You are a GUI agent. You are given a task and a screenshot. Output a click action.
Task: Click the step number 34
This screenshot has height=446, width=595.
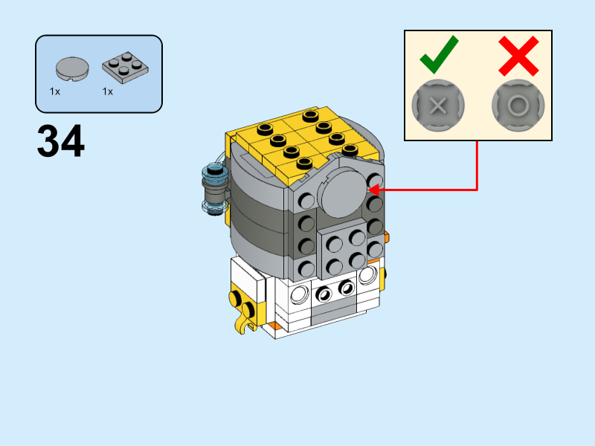[60, 141]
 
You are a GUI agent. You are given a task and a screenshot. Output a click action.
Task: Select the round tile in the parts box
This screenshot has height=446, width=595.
[72, 68]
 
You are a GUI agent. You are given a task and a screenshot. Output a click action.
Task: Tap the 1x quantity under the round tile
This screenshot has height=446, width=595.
[55, 92]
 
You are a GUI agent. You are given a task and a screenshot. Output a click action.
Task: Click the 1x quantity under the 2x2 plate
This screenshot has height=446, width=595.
[108, 92]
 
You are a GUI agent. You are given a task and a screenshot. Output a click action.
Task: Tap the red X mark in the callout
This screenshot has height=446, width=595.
[518, 55]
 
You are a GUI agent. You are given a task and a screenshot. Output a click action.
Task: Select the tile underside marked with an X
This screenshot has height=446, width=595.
[438, 105]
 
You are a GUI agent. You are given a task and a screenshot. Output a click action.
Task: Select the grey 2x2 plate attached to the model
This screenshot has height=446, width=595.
[344, 251]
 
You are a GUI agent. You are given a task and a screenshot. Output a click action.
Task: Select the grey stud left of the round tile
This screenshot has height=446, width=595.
[306, 200]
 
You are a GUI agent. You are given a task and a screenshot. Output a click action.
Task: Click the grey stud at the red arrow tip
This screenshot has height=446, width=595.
[374, 181]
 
